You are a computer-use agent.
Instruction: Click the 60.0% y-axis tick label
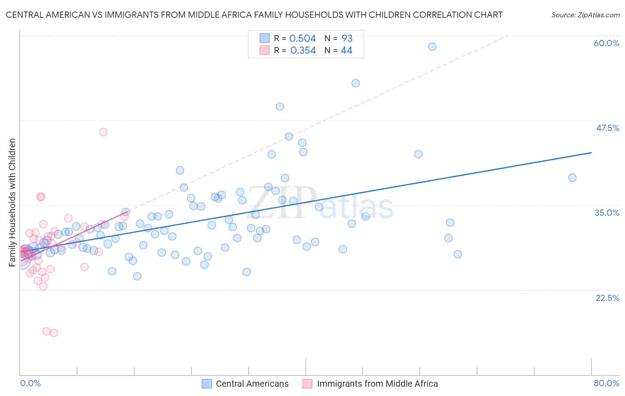pyautogui.click(x=606, y=43)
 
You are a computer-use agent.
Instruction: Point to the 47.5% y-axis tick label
pyautogui.click(x=607, y=128)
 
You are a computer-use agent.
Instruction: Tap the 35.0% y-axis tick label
pyautogui.click(x=607, y=213)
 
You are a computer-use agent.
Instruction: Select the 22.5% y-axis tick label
pyautogui.click(x=607, y=298)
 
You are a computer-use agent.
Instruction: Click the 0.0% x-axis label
pyautogui.click(x=30, y=383)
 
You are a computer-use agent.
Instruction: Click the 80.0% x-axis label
pyautogui.click(x=606, y=383)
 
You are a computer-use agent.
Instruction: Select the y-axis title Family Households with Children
pyautogui.click(x=12, y=202)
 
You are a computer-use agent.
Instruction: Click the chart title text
pyautogui.click(x=254, y=15)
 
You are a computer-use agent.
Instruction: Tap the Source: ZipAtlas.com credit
pyautogui.click(x=585, y=15)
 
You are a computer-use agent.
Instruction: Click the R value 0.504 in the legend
pyautogui.click(x=302, y=38)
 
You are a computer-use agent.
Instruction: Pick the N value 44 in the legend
pyautogui.click(x=346, y=51)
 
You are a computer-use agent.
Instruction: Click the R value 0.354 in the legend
pyautogui.click(x=303, y=51)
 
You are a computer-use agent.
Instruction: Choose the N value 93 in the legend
pyautogui.click(x=347, y=38)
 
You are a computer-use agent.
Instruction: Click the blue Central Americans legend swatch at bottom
pyautogui.click(x=207, y=384)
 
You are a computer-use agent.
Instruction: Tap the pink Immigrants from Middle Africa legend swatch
pyautogui.click(x=307, y=384)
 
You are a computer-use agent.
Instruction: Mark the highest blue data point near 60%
pyautogui.click(x=432, y=47)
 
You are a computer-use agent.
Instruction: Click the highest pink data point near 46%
pyautogui.click(x=103, y=132)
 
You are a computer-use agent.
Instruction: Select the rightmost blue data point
pyautogui.click(x=572, y=178)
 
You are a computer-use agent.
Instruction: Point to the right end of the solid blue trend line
pyautogui.click(x=591, y=153)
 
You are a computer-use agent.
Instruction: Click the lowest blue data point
pyautogui.click(x=137, y=276)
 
